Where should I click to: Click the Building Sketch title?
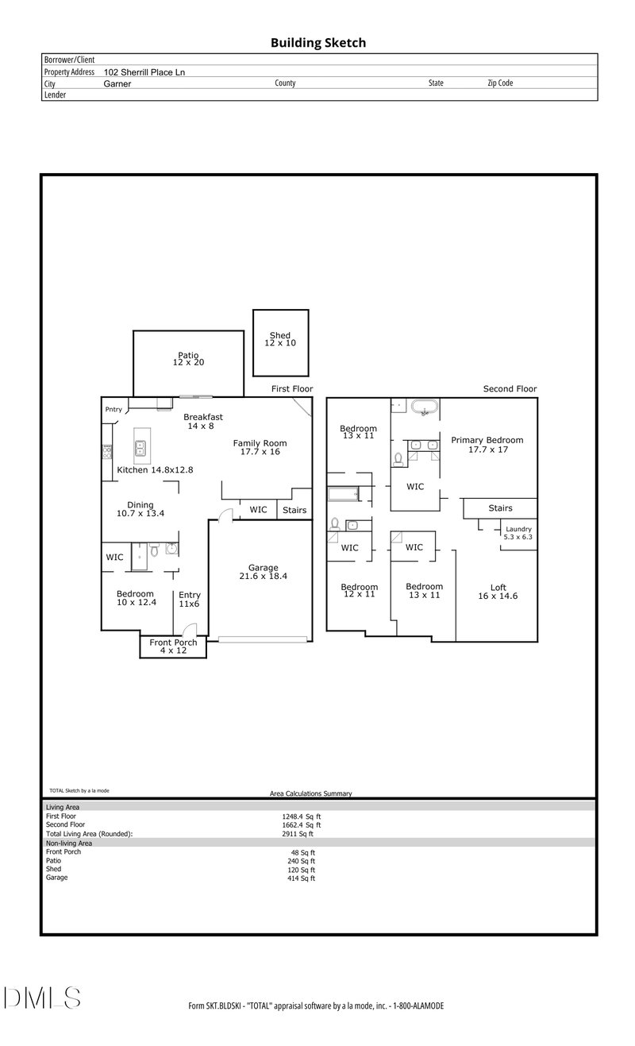click(x=318, y=43)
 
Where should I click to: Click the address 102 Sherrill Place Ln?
click(x=144, y=72)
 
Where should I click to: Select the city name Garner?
click(x=117, y=84)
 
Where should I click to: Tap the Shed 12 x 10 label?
click(x=280, y=339)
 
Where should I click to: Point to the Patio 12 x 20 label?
click(x=188, y=359)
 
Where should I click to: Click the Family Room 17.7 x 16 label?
click(x=260, y=447)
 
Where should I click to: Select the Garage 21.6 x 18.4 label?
click(x=264, y=572)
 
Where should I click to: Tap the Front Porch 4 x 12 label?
click(x=173, y=647)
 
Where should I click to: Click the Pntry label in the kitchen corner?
click(x=114, y=410)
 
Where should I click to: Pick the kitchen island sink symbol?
click(x=140, y=448)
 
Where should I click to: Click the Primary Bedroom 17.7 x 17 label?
click(x=487, y=445)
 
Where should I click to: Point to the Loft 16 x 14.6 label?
click(x=498, y=592)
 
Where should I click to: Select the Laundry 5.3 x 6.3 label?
click(x=518, y=533)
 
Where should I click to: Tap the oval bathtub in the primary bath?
click(x=425, y=407)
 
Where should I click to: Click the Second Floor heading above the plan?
click(x=510, y=388)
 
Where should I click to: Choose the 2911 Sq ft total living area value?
click(x=298, y=833)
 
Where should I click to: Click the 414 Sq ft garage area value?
click(x=302, y=878)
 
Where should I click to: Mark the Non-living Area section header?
click(x=68, y=843)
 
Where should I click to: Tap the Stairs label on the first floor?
click(x=294, y=510)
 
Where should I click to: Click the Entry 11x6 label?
click(x=190, y=599)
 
